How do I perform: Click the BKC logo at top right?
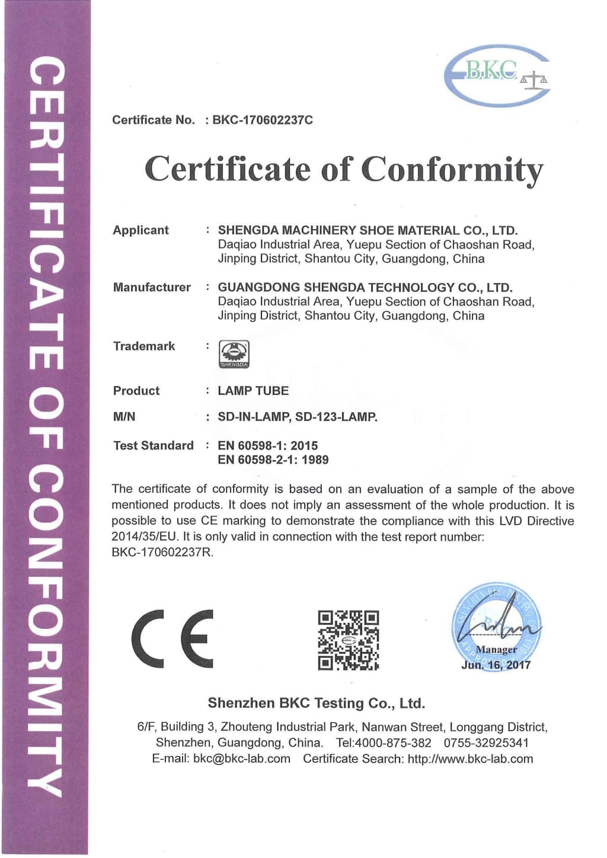click(497, 76)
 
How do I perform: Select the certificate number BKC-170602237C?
click(263, 120)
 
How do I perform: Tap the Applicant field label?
click(140, 230)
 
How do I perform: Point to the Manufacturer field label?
click(152, 288)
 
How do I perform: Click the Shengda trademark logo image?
click(234, 354)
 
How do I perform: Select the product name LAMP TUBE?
click(253, 391)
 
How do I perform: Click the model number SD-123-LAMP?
click(336, 417)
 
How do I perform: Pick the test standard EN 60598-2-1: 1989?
click(273, 460)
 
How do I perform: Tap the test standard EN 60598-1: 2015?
click(267, 445)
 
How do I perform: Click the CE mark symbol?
click(172, 639)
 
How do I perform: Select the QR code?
click(348, 640)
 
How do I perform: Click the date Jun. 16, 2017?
click(496, 665)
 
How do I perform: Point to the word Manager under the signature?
click(496, 650)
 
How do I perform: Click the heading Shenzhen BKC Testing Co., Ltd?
click(316, 703)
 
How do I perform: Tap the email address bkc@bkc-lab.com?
click(242, 759)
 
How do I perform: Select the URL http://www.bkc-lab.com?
click(470, 759)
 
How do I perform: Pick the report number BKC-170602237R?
click(162, 552)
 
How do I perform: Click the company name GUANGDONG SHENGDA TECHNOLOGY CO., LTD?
click(365, 288)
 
